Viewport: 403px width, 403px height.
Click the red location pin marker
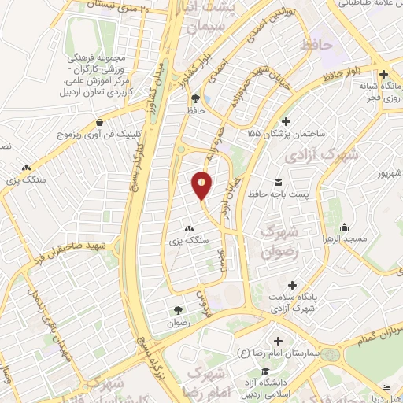[x=201, y=184]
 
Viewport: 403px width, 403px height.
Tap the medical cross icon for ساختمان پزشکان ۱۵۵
[x=286, y=121]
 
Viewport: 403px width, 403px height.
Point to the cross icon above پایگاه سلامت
[x=292, y=284]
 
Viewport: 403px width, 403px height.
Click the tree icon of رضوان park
[x=177, y=309]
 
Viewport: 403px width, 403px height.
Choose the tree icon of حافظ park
[x=194, y=98]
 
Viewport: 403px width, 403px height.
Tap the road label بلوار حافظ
[x=342, y=76]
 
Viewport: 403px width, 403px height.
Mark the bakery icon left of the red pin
[x=189, y=229]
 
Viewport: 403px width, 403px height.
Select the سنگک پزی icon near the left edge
[x=26, y=168]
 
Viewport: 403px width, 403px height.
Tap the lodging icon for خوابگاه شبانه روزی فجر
[x=383, y=73]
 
